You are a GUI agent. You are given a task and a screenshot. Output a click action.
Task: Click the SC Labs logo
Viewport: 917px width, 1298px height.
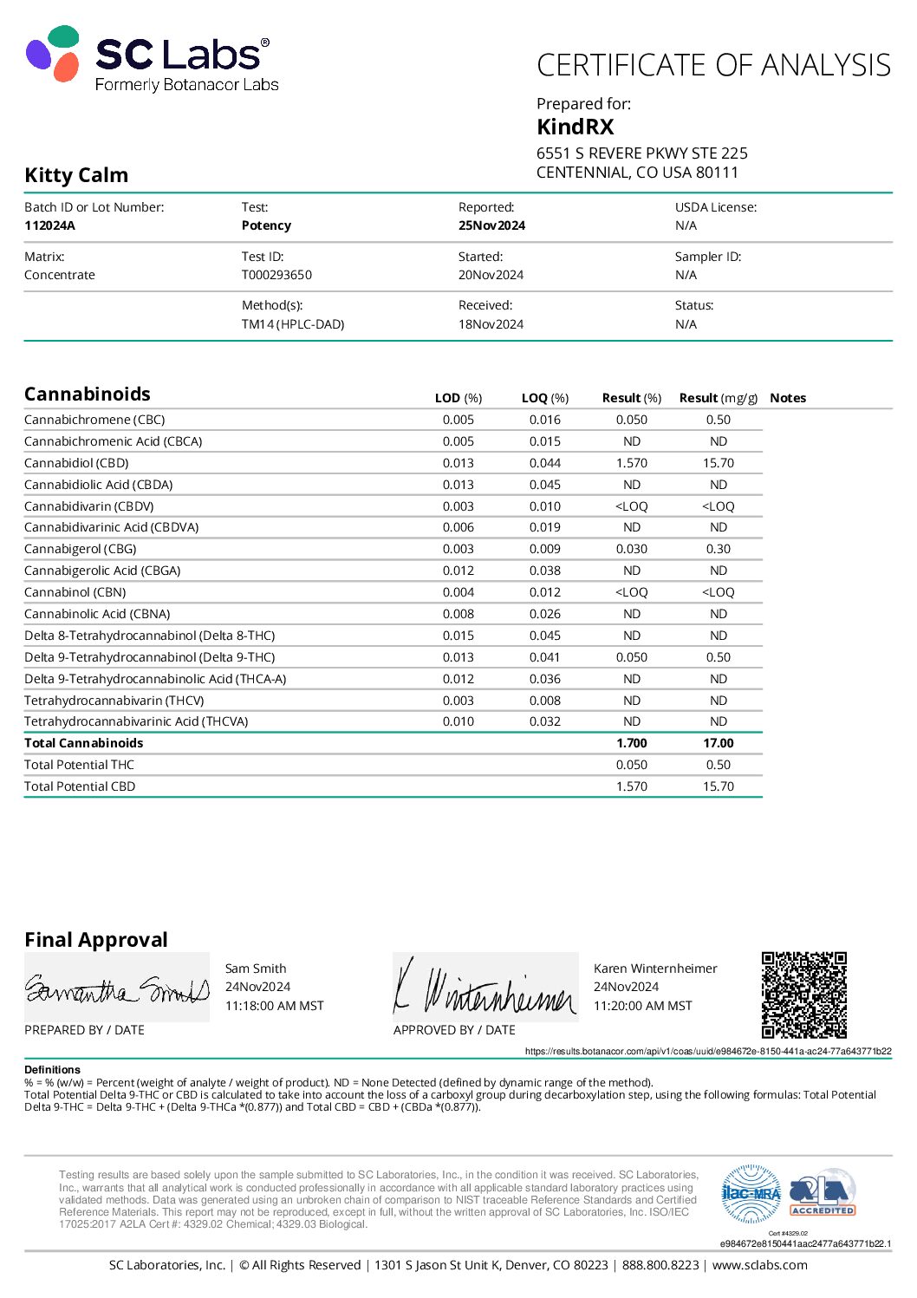tap(152, 60)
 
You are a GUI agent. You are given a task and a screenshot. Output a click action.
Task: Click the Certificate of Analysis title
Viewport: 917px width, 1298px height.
tap(713, 65)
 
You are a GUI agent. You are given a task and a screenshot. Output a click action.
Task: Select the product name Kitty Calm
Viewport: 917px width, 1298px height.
tap(76, 175)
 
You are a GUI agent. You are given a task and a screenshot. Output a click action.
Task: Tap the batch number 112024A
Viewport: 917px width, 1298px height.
tap(49, 225)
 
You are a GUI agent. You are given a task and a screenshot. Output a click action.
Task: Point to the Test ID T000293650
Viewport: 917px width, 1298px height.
tap(276, 275)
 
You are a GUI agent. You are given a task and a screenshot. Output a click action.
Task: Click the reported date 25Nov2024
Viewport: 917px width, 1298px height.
tap(491, 225)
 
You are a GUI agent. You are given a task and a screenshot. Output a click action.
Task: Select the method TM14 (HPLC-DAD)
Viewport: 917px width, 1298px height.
tap(292, 324)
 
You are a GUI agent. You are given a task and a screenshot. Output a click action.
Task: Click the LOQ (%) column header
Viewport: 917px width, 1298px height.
tap(544, 398)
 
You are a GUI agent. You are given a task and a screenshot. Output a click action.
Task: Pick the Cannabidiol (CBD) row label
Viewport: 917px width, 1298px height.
tap(76, 463)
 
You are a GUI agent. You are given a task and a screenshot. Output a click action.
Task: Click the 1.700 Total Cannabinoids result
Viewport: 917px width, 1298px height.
tap(631, 743)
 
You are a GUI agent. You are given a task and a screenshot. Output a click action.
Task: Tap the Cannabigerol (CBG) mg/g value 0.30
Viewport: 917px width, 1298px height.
tap(718, 549)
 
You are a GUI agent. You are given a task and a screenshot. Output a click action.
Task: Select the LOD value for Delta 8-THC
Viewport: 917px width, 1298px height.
tap(458, 636)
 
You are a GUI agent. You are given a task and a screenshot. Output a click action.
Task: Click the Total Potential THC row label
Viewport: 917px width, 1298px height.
tap(79, 765)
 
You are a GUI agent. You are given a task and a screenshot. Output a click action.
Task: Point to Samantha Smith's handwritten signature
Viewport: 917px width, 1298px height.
tap(117, 988)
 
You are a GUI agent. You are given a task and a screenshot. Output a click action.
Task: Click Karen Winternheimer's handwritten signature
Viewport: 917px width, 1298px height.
tap(485, 988)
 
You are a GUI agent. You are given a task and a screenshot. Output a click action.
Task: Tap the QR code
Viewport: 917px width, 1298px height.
tap(803, 995)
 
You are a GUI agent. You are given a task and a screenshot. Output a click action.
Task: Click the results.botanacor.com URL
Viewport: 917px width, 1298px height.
tap(707, 1051)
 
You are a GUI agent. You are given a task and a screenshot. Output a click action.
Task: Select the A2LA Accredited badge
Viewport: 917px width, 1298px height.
tap(823, 1194)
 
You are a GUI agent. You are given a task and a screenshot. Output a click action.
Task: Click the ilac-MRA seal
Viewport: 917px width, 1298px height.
tap(751, 1194)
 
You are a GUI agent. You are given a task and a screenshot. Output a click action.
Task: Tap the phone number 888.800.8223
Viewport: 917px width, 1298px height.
tap(660, 1265)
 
